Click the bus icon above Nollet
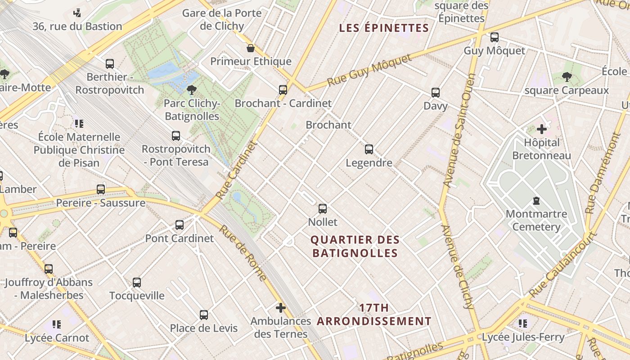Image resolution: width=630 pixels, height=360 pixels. pyautogui.click(x=323, y=209)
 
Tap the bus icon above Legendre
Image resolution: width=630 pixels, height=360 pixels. pyautogui.click(x=369, y=149)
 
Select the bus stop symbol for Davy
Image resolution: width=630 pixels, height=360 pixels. pyautogui.click(x=436, y=93)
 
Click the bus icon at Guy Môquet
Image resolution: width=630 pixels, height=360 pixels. pyautogui.click(x=495, y=37)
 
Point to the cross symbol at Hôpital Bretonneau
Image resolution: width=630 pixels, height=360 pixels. pyautogui.click(x=542, y=129)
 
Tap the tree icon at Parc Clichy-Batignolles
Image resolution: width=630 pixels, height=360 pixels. pyautogui.click(x=192, y=90)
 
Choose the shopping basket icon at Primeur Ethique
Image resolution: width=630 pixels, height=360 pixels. pyautogui.click(x=251, y=48)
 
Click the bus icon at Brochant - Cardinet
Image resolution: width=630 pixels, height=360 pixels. pyautogui.click(x=283, y=90)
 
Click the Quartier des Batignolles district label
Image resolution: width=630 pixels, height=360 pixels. pyautogui.click(x=355, y=247)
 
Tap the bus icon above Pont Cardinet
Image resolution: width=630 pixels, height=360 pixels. pyautogui.click(x=180, y=225)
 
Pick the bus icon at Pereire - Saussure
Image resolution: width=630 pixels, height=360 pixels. pyautogui.click(x=101, y=189)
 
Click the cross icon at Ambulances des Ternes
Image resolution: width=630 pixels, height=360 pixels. pyautogui.click(x=281, y=308)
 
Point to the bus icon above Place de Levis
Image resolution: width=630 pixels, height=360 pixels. pyautogui.click(x=204, y=315)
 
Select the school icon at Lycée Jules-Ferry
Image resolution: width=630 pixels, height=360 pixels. pyautogui.click(x=522, y=323)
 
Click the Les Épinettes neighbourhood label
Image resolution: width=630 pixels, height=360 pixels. pyautogui.click(x=384, y=28)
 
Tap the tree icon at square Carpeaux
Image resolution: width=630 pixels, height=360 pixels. pyautogui.click(x=567, y=77)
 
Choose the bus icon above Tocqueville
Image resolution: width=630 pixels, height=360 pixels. pyautogui.click(x=137, y=283)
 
